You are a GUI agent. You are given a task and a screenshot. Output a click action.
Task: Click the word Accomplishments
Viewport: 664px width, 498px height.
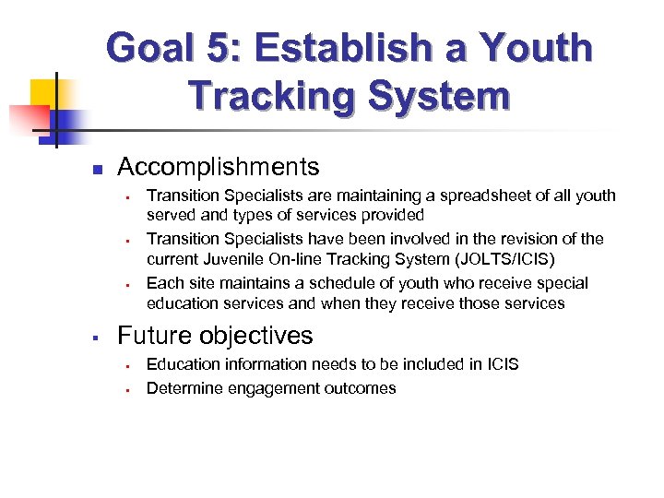[219, 167]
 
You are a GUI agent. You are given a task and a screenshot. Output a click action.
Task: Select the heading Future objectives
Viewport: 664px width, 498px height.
[215, 335]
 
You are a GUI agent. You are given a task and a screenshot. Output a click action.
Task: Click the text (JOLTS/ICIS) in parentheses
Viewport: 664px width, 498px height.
[506, 259]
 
